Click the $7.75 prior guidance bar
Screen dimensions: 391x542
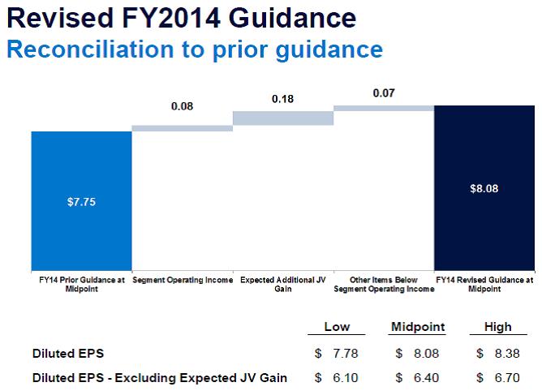(x=81, y=200)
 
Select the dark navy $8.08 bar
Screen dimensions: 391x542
(x=484, y=189)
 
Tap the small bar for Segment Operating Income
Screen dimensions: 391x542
(x=182, y=127)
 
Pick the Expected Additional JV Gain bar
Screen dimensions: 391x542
(x=282, y=118)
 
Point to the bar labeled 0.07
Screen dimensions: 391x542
(x=383, y=108)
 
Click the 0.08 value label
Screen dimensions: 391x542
(x=182, y=107)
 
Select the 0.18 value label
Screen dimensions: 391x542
(x=282, y=98)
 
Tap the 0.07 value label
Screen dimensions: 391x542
(x=383, y=93)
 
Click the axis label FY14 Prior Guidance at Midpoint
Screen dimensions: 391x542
(x=81, y=283)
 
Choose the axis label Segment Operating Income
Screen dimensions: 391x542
(x=182, y=279)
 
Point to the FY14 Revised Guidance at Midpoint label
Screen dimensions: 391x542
(x=484, y=283)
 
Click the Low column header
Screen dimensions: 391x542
(x=337, y=327)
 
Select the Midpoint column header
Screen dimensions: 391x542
(x=418, y=327)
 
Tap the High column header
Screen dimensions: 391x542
(x=498, y=327)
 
